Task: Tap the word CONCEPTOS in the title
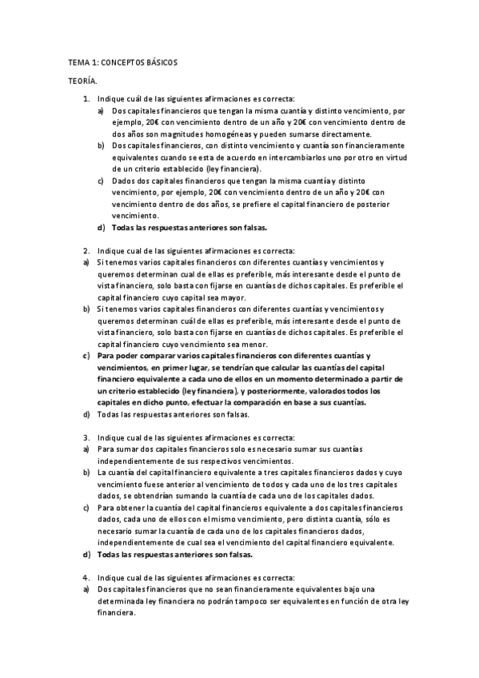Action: coord(120,62)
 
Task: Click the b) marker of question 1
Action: coord(101,146)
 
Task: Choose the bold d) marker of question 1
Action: coord(101,228)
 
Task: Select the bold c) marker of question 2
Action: coord(87,356)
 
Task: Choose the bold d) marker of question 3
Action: coord(87,554)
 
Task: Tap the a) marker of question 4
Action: coord(87,589)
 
